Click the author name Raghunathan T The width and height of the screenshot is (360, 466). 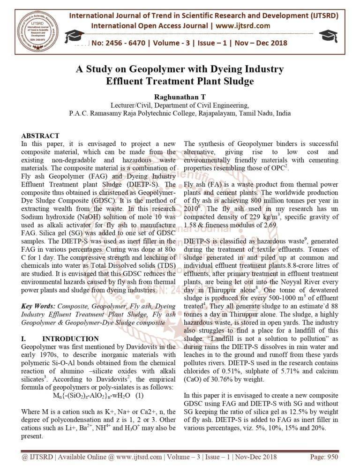[x=180, y=97]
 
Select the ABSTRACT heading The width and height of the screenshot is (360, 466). [x=40, y=136]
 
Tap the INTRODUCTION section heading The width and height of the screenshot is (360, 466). [x=70, y=338]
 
